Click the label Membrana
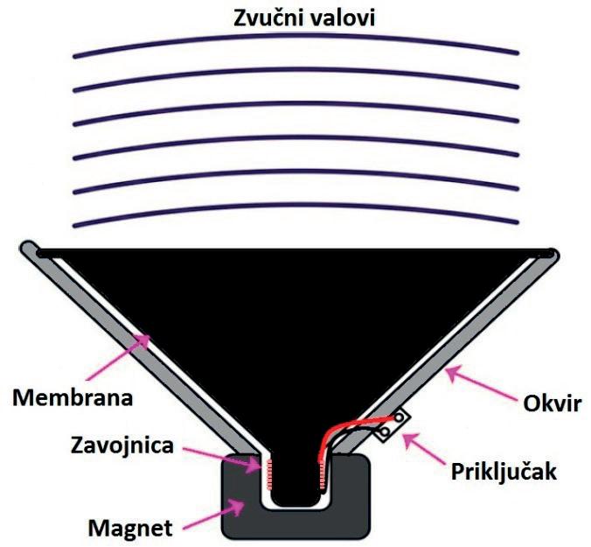[x=72, y=399]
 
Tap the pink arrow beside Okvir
[x=476, y=384]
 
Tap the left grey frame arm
[x=131, y=350]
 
